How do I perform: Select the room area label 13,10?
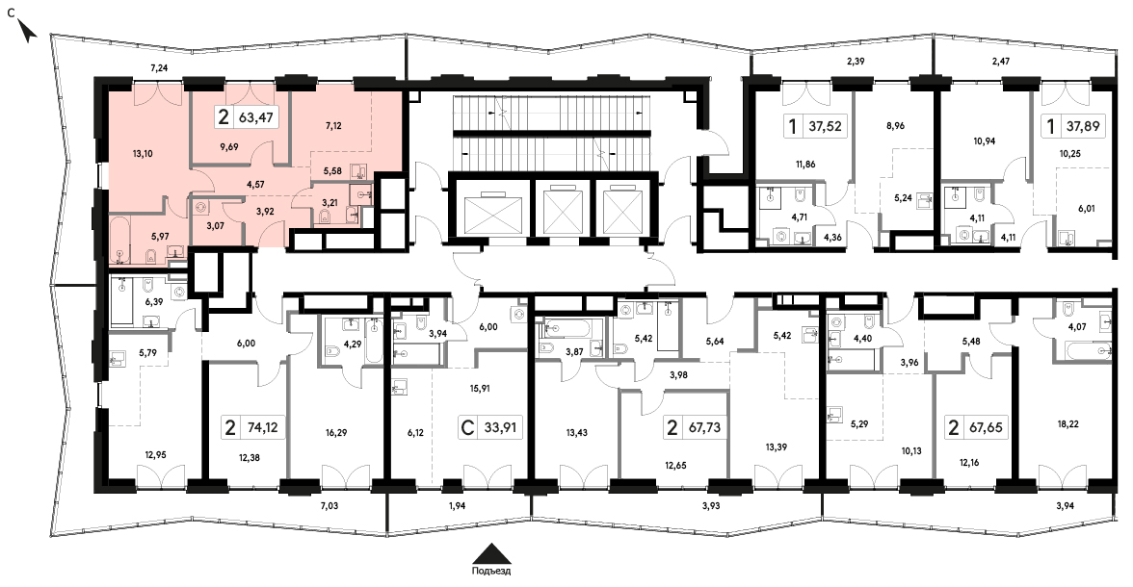143,154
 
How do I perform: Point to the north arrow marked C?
26,29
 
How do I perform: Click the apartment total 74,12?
262,428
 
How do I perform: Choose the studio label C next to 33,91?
467,428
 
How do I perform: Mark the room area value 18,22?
1067,424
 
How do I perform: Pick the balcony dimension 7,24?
158,68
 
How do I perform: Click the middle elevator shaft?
563,213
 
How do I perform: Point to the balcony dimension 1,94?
457,506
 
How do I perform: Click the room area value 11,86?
805,164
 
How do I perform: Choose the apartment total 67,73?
704,428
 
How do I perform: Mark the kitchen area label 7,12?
333,126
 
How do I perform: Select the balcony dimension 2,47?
1001,62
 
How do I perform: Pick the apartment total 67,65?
987,428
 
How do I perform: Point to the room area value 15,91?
481,388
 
